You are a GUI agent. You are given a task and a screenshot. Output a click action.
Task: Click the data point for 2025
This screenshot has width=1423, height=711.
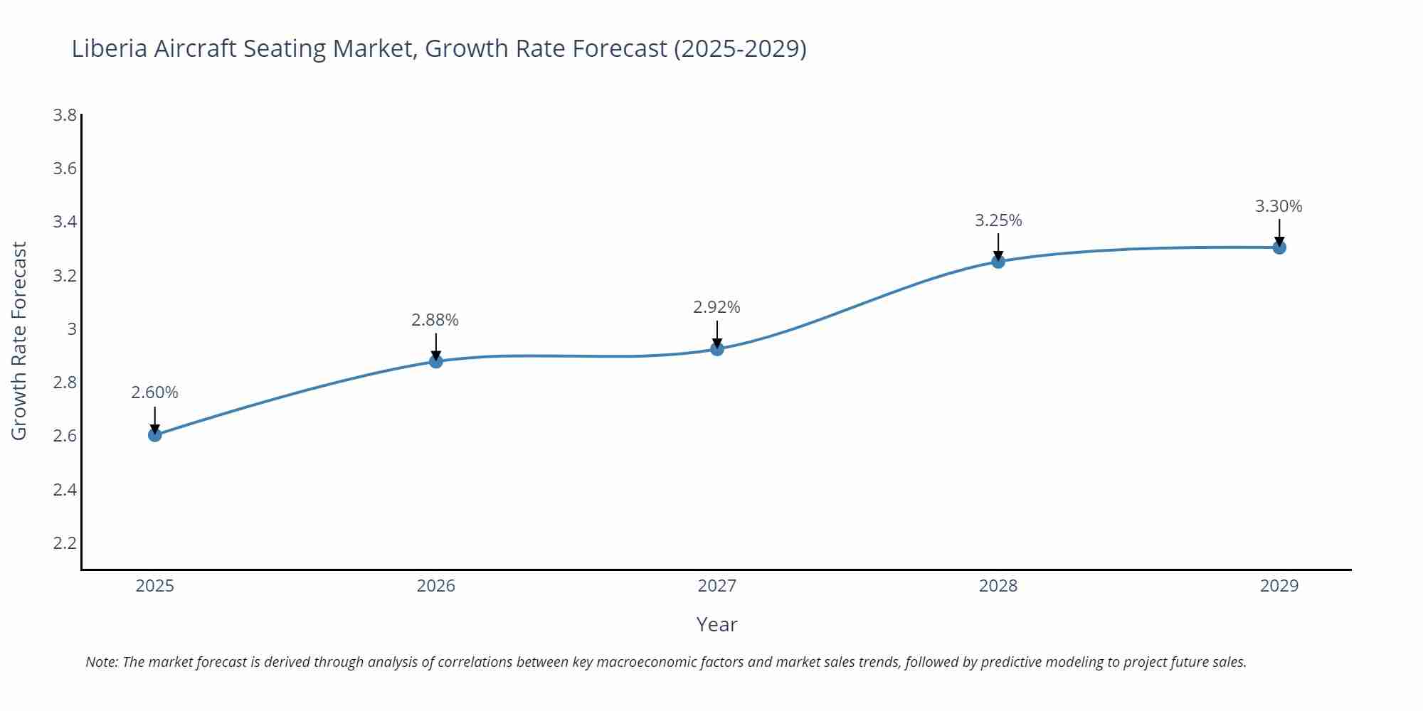tap(155, 434)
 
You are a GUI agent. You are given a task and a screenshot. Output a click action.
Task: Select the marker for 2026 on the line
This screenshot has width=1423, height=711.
tap(436, 361)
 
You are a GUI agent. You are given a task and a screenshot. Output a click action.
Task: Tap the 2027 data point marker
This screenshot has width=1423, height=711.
tap(717, 349)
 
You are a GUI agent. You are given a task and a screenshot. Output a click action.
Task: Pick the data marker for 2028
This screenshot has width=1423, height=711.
tap(998, 261)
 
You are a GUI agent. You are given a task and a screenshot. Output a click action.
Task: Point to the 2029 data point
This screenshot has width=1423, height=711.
tap(1279, 247)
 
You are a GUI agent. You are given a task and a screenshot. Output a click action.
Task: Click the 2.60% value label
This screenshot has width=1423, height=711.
tap(154, 392)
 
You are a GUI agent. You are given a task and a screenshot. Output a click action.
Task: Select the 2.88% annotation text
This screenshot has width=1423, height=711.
tap(435, 320)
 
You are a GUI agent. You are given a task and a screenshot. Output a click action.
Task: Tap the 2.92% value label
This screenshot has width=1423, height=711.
tap(716, 307)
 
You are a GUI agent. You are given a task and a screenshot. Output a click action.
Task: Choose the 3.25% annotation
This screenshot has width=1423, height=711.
tap(998, 220)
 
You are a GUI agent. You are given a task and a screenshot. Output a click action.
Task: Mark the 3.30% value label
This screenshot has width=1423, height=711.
tap(1279, 206)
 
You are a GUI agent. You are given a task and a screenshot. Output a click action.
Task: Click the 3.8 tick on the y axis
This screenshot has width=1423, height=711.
tap(65, 115)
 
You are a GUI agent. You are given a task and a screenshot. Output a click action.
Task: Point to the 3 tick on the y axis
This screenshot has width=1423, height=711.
tap(71, 329)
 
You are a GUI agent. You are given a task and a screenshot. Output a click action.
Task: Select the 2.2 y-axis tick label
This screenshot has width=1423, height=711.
tap(65, 543)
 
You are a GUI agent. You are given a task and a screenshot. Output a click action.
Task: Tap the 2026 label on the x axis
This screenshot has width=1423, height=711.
tap(436, 586)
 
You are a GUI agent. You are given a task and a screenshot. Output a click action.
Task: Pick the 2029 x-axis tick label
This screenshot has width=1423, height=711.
tap(1279, 586)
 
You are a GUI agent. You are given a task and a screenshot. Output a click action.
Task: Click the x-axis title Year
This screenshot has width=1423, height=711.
tap(716, 624)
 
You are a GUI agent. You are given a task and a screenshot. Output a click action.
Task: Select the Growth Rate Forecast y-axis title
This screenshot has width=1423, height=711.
tap(19, 341)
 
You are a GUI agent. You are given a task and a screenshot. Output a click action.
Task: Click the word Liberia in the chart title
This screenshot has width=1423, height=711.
tap(110, 48)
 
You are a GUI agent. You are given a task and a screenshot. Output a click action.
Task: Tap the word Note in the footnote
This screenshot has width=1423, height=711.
tap(101, 662)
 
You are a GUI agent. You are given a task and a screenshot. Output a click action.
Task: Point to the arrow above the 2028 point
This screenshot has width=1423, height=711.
tap(998, 246)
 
